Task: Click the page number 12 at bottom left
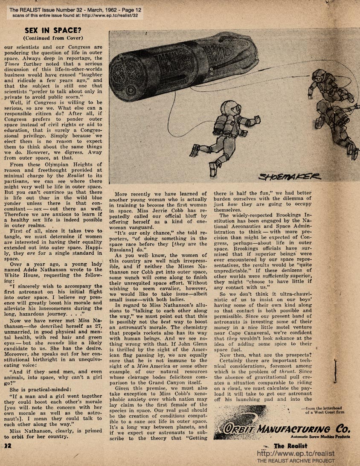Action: pos(7,446)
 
